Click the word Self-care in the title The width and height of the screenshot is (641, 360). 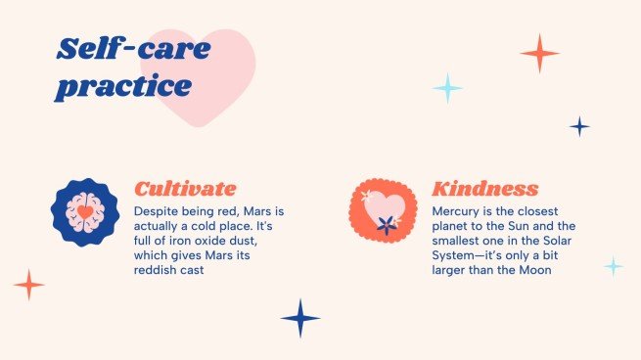click(133, 48)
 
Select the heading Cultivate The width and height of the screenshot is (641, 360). click(185, 189)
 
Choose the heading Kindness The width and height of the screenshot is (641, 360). click(485, 189)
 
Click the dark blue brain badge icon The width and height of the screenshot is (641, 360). click(85, 211)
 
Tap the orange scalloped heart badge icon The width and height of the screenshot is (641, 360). click(383, 210)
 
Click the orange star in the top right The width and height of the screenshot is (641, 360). click(539, 53)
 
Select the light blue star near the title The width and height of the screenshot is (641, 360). click(447, 88)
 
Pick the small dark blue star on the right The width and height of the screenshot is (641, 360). click(579, 126)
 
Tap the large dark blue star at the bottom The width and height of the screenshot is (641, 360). click(300, 318)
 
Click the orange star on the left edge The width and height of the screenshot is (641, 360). click(29, 285)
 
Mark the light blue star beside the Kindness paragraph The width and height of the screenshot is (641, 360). click(613, 265)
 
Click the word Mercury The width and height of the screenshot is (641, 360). click(459, 210)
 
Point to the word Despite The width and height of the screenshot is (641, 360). click(158, 210)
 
